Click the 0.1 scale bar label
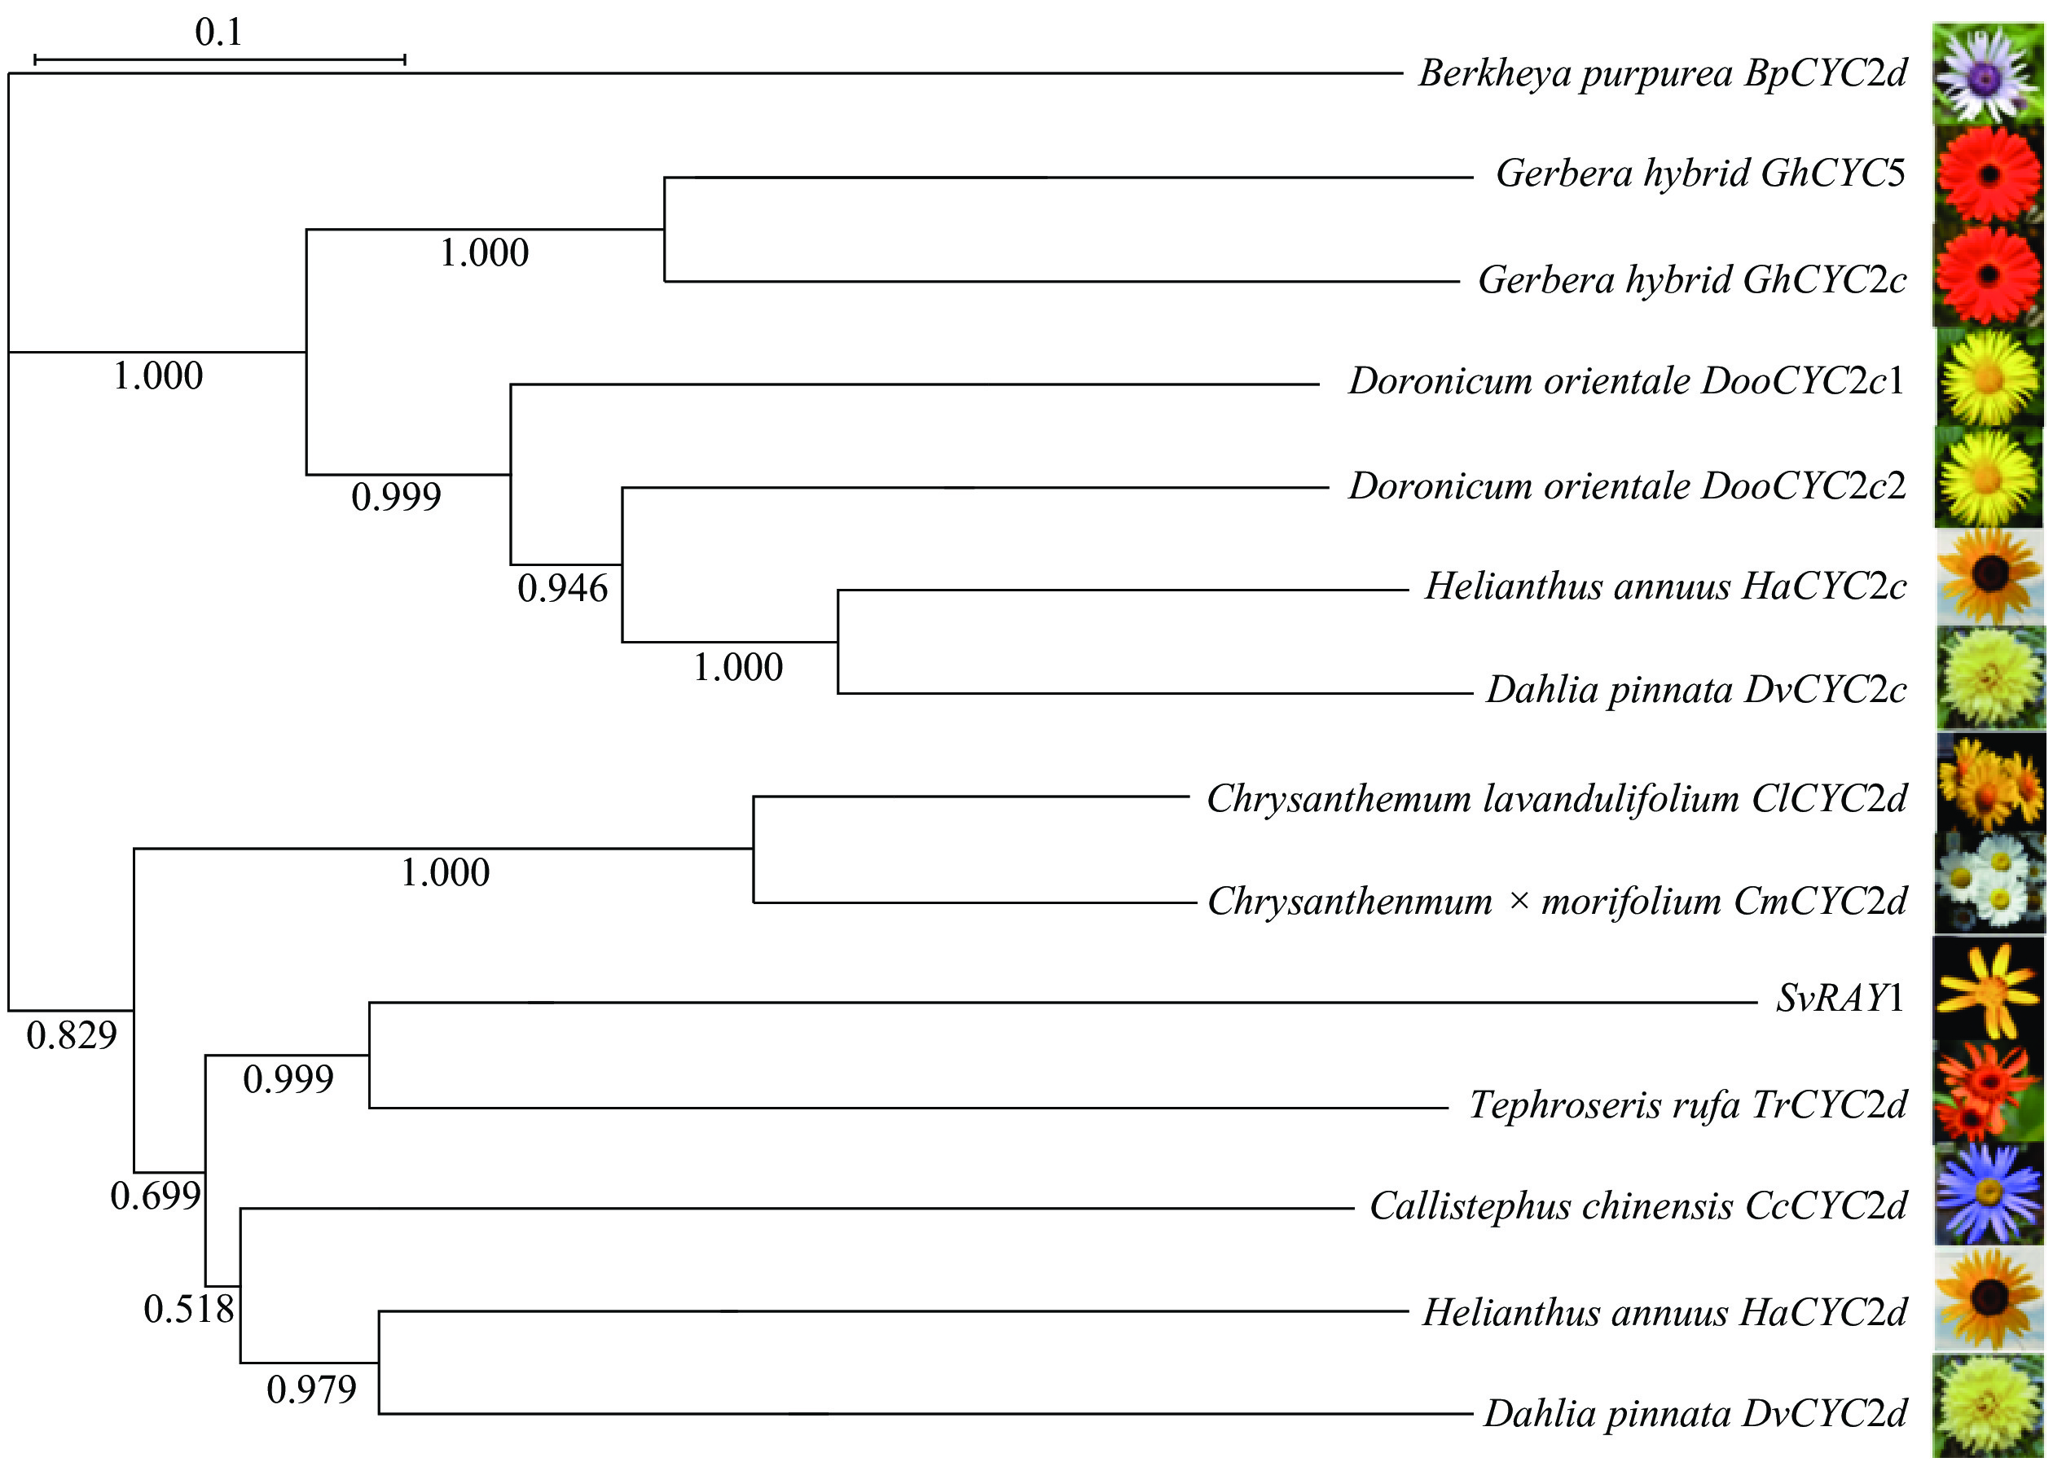coord(219,33)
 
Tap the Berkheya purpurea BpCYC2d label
coord(1662,73)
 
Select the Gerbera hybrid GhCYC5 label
coord(1700,173)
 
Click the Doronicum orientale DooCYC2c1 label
coord(1626,381)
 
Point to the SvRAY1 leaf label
coord(1840,999)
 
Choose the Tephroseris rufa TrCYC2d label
coord(1687,1104)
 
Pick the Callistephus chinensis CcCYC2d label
coord(1638,1206)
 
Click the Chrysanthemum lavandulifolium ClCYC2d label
coord(1556,798)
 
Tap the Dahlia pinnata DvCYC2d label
coord(1695,1413)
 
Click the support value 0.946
coord(563,589)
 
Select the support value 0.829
coord(72,1035)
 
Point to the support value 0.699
coord(155,1196)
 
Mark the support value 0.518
coord(189,1309)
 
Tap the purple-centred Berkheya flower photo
coord(1988,74)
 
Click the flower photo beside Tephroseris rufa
coord(1988,1092)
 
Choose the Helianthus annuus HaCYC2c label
coord(1665,587)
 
